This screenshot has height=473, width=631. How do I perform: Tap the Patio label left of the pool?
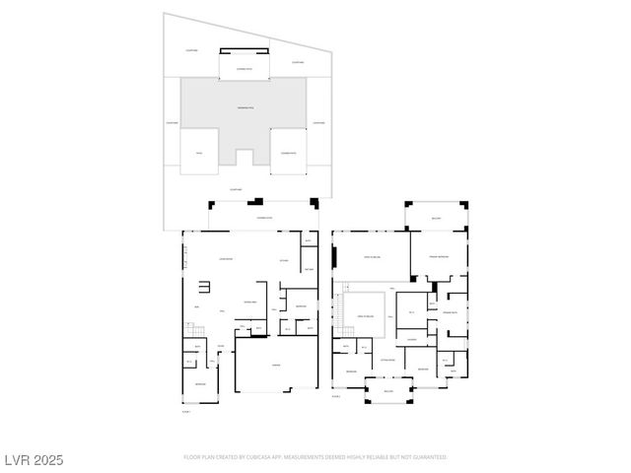click(198, 153)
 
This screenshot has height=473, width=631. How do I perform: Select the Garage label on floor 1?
click(277, 363)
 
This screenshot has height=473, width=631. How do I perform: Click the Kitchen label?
click(284, 261)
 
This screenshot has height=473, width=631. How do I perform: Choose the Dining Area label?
click(250, 302)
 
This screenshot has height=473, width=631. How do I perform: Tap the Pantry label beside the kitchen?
click(309, 269)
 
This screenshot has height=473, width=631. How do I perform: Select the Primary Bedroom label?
click(440, 256)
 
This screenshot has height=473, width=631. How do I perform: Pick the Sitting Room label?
click(387, 361)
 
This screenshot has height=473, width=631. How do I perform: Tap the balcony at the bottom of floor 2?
click(387, 391)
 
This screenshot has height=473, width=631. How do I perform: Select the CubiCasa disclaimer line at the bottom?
click(315, 457)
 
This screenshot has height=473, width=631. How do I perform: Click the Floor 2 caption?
click(337, 396)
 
